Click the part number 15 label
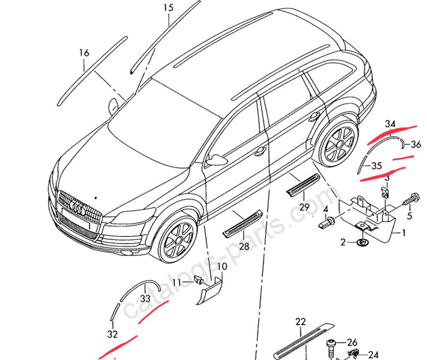(x=168, y=8)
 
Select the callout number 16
(x=84, y=53)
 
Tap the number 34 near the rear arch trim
(x=391, y=124)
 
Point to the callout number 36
(x=416, y=143)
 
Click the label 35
(x=377, y=166)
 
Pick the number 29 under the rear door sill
(x=304, y=208)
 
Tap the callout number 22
(x=301, y=323)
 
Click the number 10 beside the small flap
(x=222, y=266)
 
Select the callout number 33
(x=146, y=298)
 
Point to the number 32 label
(x=113, y=334)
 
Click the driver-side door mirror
(x=217, y=160)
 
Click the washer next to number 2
(x=362, y=242)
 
